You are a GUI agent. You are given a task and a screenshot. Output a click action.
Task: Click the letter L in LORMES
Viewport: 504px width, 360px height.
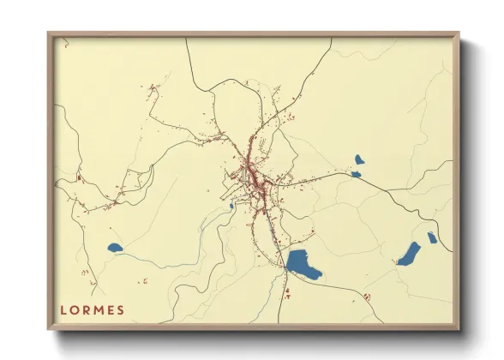pyautogui.click(x=63, y=309)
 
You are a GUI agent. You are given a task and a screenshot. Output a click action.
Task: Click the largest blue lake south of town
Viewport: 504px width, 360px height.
pyautogui.click(x=303, y=264)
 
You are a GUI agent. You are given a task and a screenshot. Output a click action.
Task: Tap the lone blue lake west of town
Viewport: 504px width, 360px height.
pyautogui.click(x=115, y=249)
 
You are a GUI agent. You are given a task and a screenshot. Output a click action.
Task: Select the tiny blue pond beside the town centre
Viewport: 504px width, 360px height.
pyautogui.click(x=231, y=206)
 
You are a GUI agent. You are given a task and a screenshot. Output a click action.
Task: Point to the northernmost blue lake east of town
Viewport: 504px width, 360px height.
pyautogui.click(x=359, y=159)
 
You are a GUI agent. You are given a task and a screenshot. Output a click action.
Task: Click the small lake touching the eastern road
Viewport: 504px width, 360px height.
pyautogui.click(x=355, y=174)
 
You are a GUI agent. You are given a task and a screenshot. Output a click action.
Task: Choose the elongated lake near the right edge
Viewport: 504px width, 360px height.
pyautogui.click(x=409, y=254)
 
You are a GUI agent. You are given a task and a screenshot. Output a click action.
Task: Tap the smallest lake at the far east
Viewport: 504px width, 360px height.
pyautogui.click(x=432, y=237)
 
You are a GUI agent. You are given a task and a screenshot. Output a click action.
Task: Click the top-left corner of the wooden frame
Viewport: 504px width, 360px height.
pyautogui.click(x=49, y=34)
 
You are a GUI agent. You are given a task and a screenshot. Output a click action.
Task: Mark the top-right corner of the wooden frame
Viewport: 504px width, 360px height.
pyautogui.click(x=459, y=34)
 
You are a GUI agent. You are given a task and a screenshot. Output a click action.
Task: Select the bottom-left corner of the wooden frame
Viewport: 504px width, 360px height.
pyautogui.click(x=49, y=328)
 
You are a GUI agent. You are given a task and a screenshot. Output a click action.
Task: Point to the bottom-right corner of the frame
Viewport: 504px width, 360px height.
pyautogui.click(x=459, y=328)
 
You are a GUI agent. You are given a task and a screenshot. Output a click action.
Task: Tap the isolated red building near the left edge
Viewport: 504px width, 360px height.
pyautogui.click(x=78, y=177)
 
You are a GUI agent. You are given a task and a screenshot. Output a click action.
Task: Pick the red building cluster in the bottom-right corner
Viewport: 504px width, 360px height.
pyautogui.click(x=367, y=296)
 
